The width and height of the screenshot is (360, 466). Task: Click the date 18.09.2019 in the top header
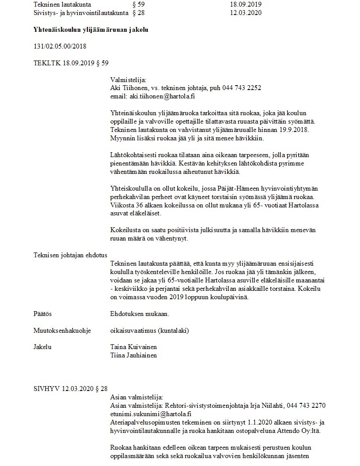[246, 4]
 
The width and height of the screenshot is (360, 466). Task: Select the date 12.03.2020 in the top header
[246, 12]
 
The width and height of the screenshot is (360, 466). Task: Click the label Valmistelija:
[128, 80]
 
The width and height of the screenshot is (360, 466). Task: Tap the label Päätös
[43, 313]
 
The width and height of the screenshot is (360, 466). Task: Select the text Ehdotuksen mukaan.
[139, 313]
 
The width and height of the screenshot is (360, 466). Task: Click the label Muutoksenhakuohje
[62, 330]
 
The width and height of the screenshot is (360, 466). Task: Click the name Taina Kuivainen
[133, 347]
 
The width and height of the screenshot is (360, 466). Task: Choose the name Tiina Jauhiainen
[133, 355]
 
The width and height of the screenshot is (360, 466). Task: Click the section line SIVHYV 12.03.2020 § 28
[71, 388]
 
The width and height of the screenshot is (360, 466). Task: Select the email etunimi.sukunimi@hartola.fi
[150, 413]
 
